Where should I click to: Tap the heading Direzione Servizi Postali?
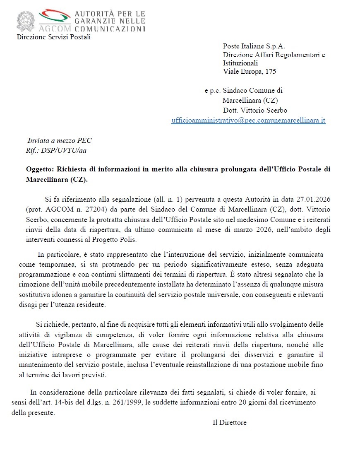tap(53, 37)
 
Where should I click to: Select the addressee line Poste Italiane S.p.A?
tap(254, 46)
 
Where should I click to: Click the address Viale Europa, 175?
tap(250, 71)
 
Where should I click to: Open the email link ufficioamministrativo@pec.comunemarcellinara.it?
tap(248, 120)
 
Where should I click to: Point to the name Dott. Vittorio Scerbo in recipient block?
tap(255, 111)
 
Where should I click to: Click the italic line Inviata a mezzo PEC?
tap(59, 140)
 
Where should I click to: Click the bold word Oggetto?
tap(40, 170)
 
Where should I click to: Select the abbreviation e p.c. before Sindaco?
tap(212, 91)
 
